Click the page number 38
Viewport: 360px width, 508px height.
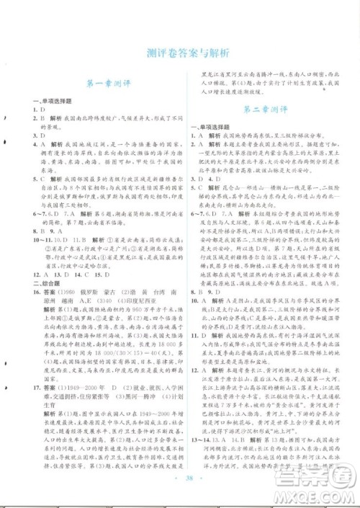[x=180, y=485]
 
